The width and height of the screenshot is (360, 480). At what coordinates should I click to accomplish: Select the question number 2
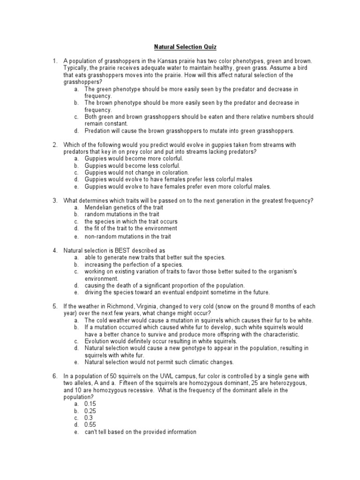coord(54,145)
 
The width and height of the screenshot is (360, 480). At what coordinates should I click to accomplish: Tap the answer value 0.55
coord(90,425)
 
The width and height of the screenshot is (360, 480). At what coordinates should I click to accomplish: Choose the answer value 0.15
coord(90,404)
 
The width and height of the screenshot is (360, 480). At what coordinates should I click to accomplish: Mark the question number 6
coord(54,376)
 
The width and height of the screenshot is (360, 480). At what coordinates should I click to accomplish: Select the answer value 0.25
coord(90,411)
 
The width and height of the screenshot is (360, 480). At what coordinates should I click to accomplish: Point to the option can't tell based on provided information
coord(140,432)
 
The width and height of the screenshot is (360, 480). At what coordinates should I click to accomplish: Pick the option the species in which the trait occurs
coord(131,221)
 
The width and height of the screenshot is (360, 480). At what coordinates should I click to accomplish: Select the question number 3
coord(54,201)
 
